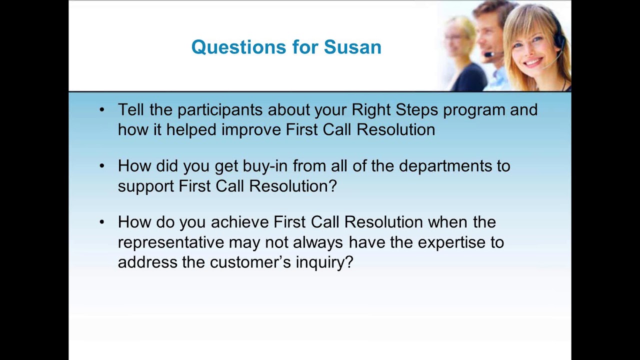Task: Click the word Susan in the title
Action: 352,47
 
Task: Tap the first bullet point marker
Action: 102,109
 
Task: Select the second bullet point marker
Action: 102,165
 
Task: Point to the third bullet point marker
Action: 102,221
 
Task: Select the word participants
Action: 220,109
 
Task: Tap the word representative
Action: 170,242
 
